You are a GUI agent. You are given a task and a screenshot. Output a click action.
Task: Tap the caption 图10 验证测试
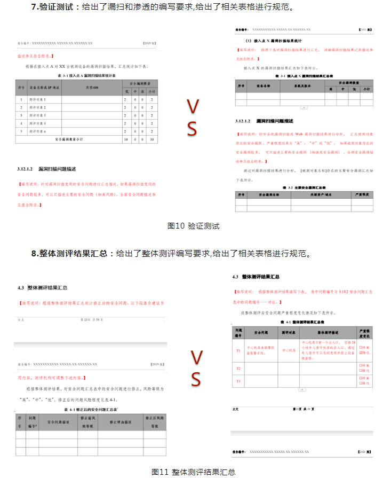193,226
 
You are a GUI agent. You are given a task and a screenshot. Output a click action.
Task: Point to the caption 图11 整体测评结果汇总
194,472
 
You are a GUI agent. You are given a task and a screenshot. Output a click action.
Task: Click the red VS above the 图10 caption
193,118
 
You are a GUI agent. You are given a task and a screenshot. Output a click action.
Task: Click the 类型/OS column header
92,88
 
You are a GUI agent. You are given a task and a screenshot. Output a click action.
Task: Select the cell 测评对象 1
37,100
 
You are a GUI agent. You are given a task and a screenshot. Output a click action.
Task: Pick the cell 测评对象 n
37,131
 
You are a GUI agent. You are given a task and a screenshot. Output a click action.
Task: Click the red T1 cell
238,350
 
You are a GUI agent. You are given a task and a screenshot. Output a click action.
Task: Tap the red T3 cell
238,380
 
